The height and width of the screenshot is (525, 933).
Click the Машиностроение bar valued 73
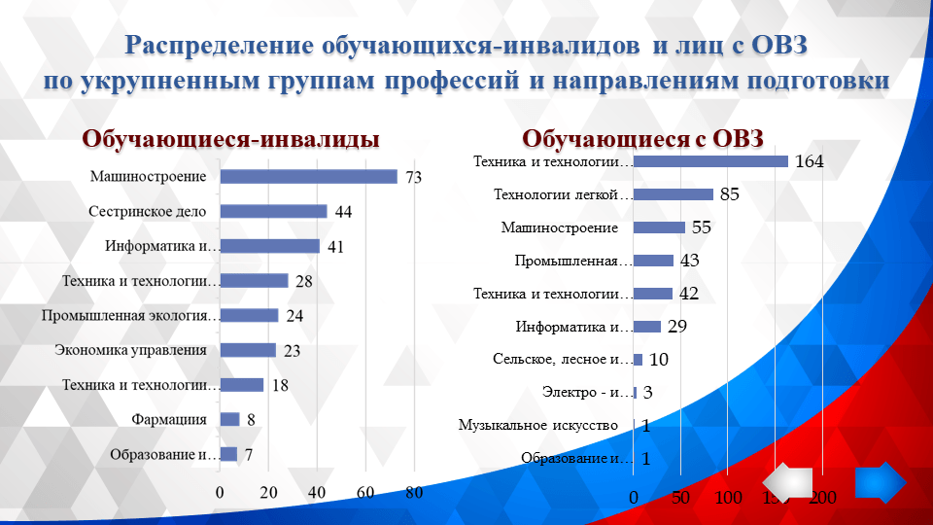click(x=308, y=177)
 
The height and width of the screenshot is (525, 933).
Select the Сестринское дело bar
click(x=273, y=211)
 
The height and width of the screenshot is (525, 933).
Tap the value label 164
click(x=809, y=161)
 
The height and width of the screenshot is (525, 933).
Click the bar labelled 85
click(x=674, y=194)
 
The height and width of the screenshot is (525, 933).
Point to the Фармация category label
click(x=169, y=419)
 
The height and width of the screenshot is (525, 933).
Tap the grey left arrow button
click(x=787, y=483)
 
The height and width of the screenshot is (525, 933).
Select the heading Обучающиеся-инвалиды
click(x=230, y=139)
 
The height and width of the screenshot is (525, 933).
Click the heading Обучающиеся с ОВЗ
click(x=644, y=138)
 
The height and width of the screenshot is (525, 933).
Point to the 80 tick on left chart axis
click(x=414, y=492)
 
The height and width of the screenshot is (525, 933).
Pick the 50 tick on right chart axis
click(x=680, y=498)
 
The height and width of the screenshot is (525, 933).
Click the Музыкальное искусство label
click(x=538, y=426)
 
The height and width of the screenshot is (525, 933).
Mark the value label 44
click(x=343, y=212)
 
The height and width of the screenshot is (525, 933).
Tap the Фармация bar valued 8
click(x=229, y=419)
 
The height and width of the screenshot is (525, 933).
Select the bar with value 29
click(x=647, y=327)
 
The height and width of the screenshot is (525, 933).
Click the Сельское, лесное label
click(x=563, y=360)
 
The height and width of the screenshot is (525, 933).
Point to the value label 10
click(x=658, y=360)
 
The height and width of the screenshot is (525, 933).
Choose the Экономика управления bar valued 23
click(x=248, y=350)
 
